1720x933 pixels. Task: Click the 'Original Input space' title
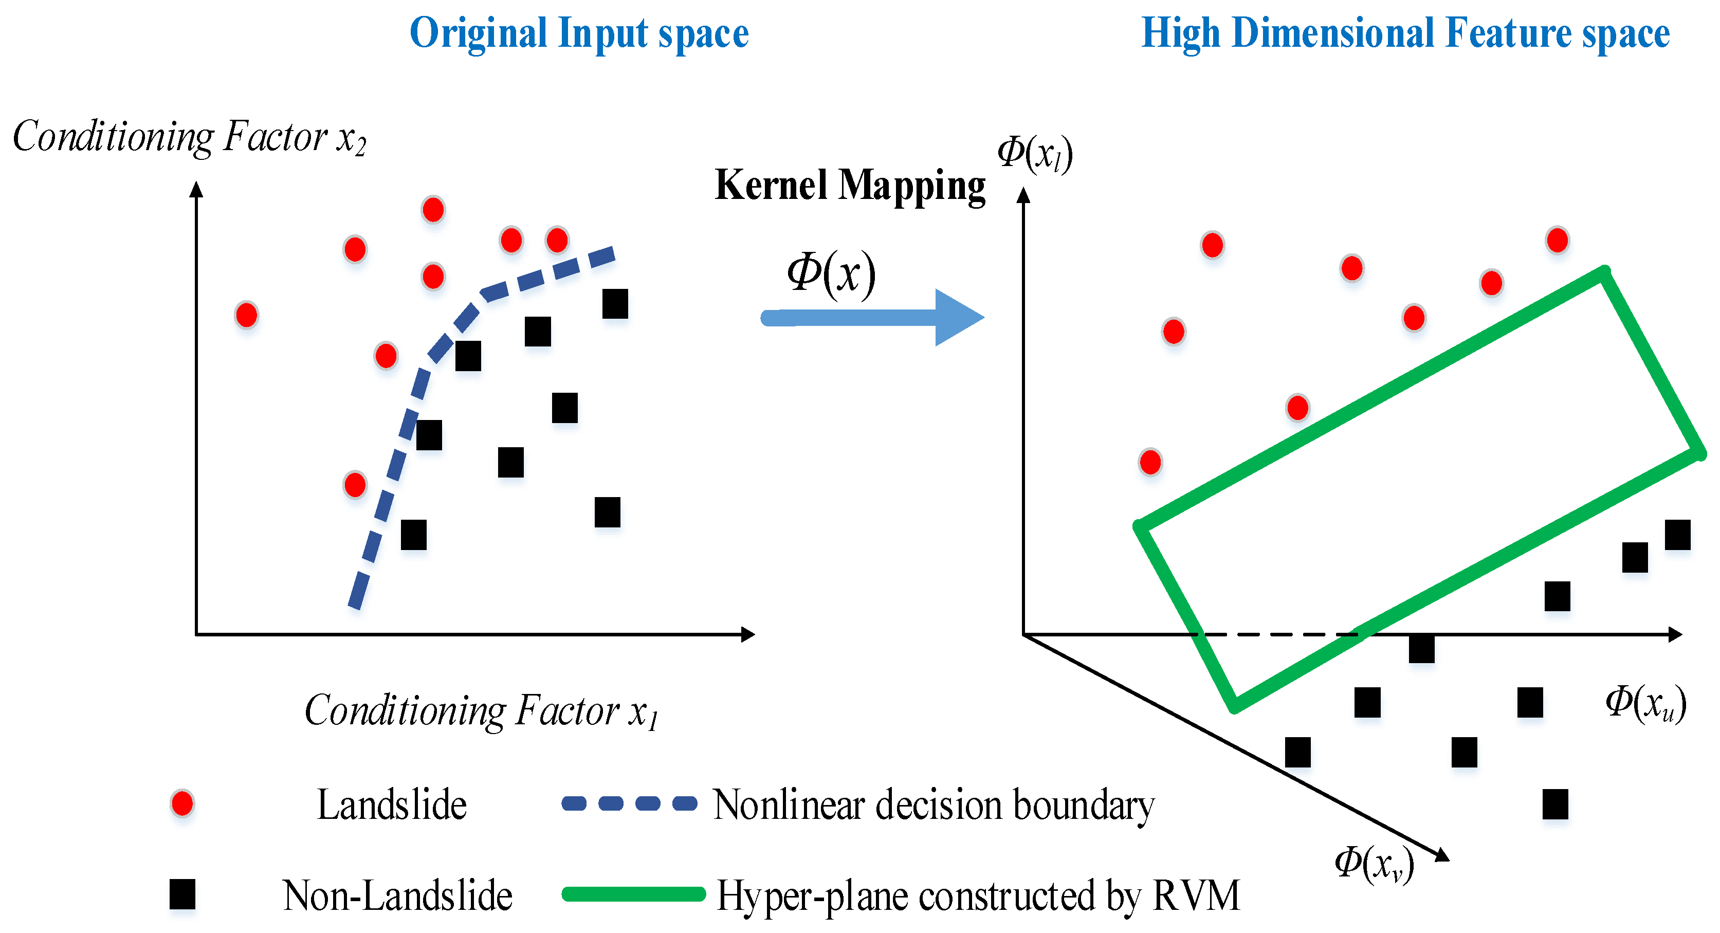coord(579,33)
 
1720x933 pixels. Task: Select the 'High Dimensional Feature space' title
coord(1405,33)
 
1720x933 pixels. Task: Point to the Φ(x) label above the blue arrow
coord(831,275)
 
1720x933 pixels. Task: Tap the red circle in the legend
coord(182,803)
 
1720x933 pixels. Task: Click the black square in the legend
coord(182,894)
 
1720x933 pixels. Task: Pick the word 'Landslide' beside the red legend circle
coord(391,805)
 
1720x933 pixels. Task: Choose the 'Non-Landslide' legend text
coord(397,895)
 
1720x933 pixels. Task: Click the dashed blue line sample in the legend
coord(629,803)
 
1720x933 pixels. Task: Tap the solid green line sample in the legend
coord(633,894)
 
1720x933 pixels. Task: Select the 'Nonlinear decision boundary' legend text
coord(934,805)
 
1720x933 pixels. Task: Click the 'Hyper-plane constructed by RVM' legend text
coord(978,895)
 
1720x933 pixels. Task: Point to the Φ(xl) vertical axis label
coord(1035,154)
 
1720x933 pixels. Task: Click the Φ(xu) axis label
coord(1645,704)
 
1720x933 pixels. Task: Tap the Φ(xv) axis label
coord(1374,864)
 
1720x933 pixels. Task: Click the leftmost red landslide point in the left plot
coord(246,315)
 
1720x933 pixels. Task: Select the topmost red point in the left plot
coord(433,210)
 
